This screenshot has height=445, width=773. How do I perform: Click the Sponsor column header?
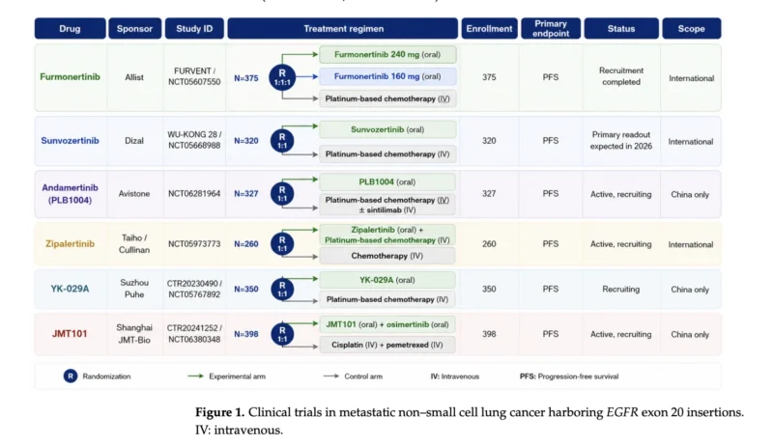(x=134, y=29)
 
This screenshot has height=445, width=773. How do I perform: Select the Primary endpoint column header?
(x=551, y=29)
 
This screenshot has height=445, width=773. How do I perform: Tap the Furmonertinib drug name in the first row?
(x=70, y=77)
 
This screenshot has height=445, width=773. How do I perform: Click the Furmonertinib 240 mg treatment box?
(x=387, y=55)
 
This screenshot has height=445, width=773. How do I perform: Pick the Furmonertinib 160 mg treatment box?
(x=387, y=76)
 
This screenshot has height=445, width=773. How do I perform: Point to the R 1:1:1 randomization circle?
(x=282, y=77)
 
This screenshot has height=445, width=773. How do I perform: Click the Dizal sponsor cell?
(x=134, y=141)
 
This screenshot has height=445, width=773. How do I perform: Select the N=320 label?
(x=246, y=141)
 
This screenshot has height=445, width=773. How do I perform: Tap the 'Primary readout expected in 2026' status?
(x=621, y=140)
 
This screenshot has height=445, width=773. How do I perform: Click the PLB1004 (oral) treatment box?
(x=387, y=182)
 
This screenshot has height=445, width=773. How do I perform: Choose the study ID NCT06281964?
(x=194, y=193)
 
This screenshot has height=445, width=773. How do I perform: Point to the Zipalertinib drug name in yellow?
(x=70, y=243)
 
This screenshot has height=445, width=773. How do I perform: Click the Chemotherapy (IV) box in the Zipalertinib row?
(x=387, y=256)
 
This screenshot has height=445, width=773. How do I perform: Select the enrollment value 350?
(x=489, y=289)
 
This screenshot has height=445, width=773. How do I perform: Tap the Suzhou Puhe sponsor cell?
(x=134, y=289)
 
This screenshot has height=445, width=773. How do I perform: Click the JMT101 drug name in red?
(x=70, y=334)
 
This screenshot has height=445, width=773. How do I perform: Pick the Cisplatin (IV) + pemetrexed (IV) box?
(x=387, y=345)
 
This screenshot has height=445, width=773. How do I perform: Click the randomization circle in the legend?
(x=71, y=376)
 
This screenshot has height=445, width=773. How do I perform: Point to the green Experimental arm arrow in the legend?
(x=196, y=376)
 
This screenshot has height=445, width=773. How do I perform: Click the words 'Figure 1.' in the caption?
(x=220, y=412)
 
